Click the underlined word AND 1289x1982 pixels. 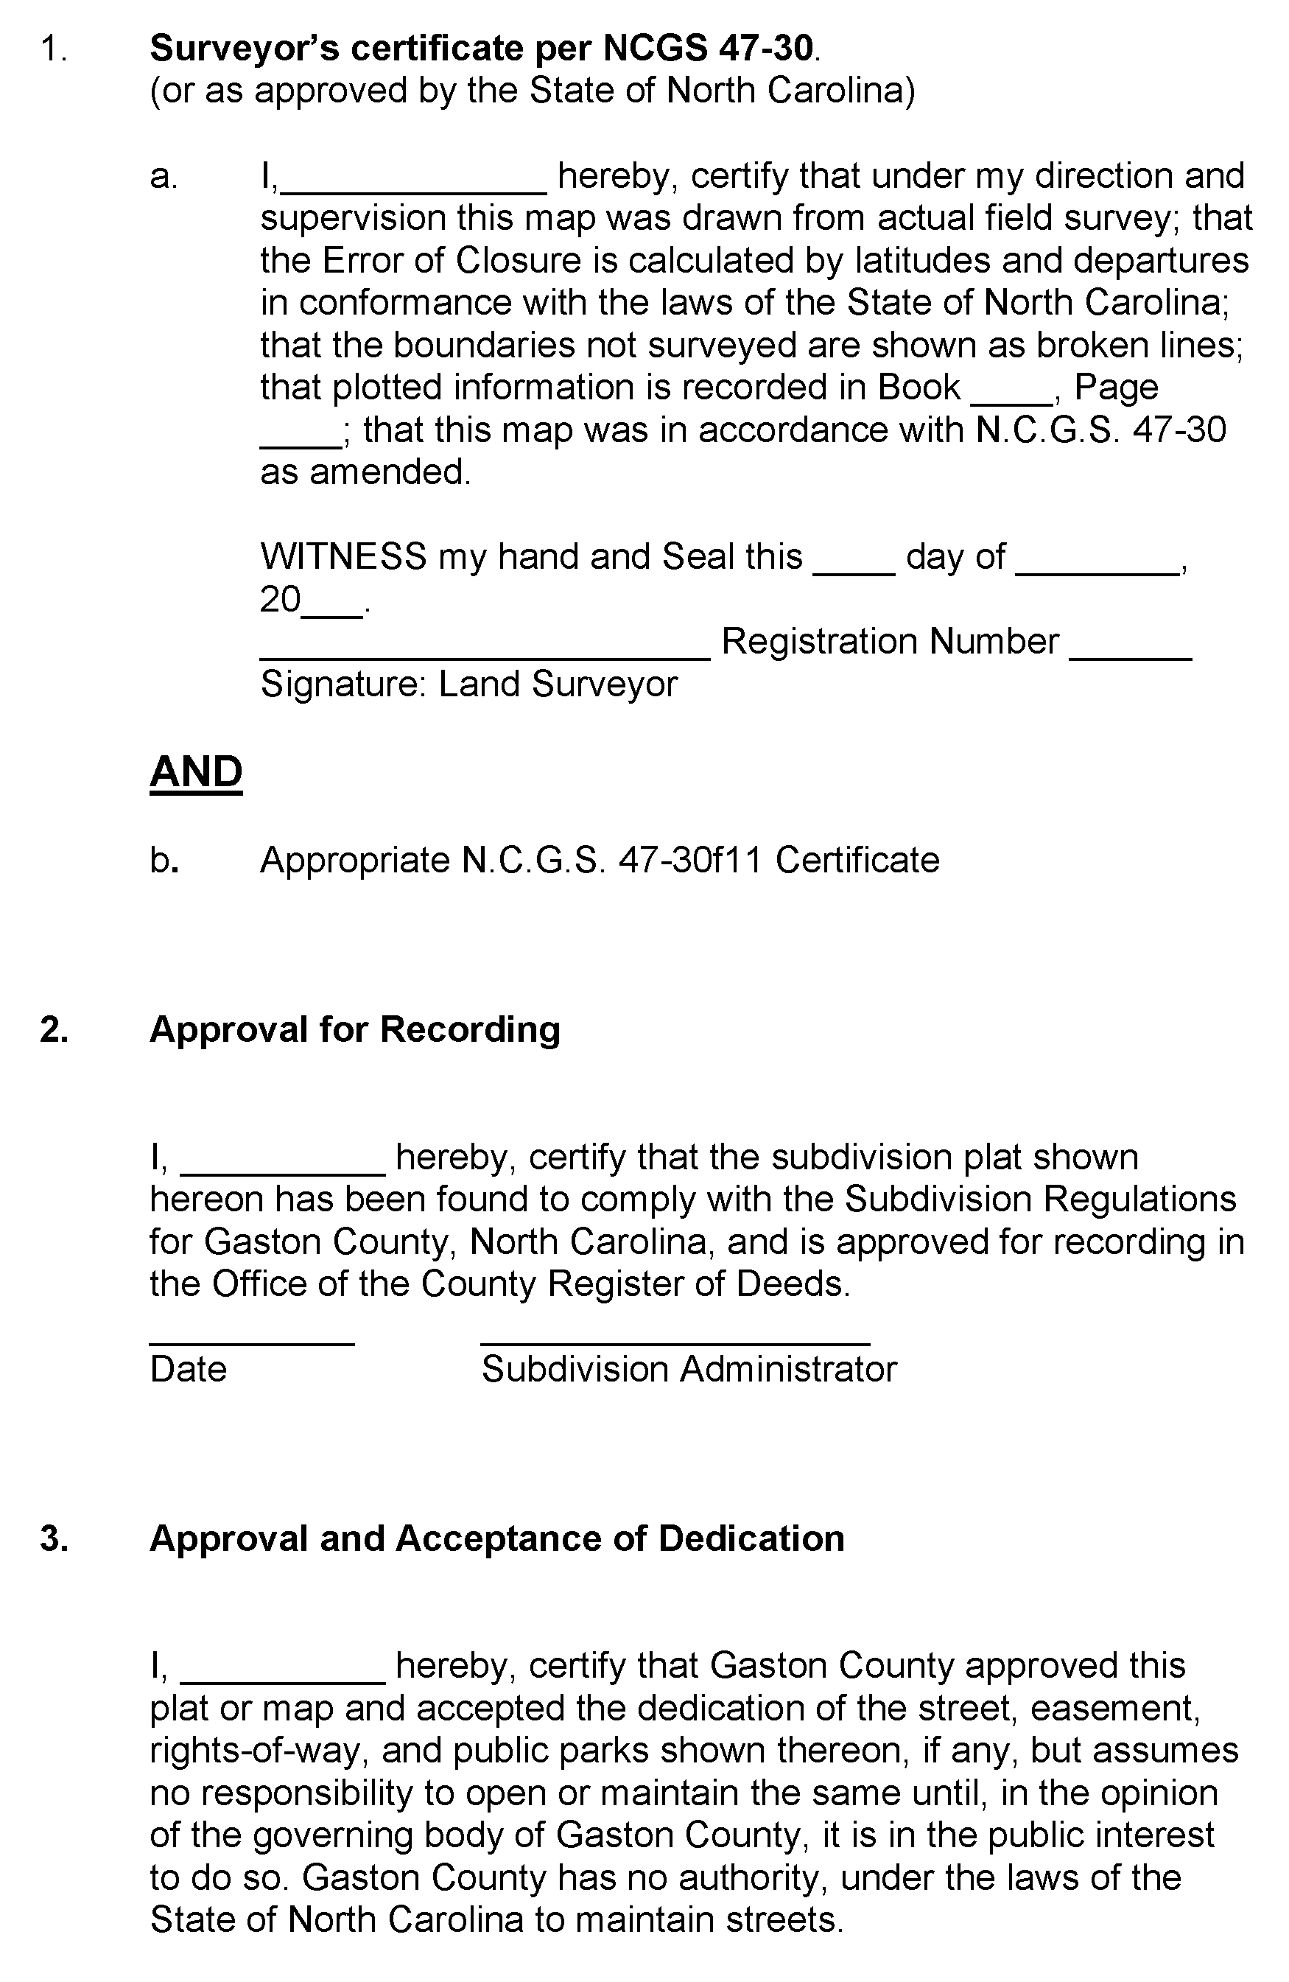pyautogui.click(x=196, y=772)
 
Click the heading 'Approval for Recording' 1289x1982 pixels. pyautogui.click(x=355, y=1030)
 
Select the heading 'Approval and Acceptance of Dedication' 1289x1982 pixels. pyautogui.click(x=496, y=1538)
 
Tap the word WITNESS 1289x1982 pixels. pyautogui.click(x=343, y=556)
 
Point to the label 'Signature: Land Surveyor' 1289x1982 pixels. pyautogui.click(x=468, y=684)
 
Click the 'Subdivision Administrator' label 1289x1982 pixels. pyautogui.click(x=689, y=1369)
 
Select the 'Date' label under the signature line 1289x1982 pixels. pyautogui.click(x=188, y=1369)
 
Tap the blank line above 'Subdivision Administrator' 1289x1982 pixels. pyautogui.click(x=675, y=1341)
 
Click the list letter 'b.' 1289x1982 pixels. pyautogui.click(x=164, y=861)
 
